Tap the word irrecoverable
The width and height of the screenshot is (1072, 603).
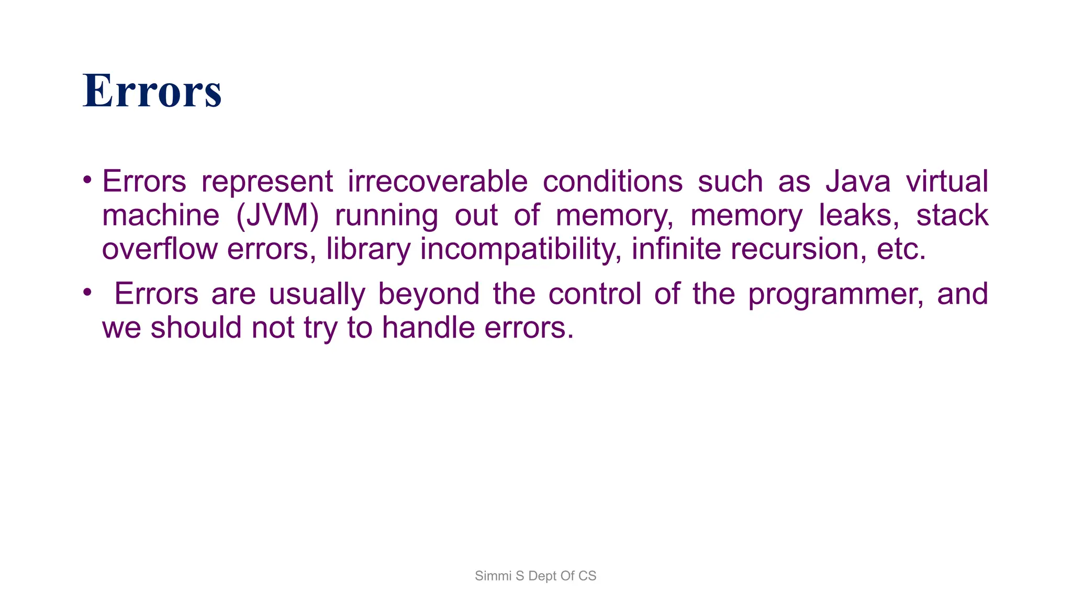coord(438,182)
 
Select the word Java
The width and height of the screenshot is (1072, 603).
coord(858,182)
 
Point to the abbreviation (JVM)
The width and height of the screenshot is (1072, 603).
coord(277,216)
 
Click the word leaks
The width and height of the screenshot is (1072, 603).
coord(858,216)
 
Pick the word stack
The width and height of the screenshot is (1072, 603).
coord(952,216)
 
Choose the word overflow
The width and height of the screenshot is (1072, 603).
coord(159,249)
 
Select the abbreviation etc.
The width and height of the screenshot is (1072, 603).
coord(901,249)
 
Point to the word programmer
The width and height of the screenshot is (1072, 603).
coord(835,295)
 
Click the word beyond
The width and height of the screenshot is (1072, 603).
coord(429,295)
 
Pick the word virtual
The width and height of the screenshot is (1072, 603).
coord(947,182)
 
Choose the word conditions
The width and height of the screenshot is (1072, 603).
coord(612,182)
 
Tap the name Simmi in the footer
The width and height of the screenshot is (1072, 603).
coord(493,576)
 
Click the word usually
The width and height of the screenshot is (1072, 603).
coord(317,295)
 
